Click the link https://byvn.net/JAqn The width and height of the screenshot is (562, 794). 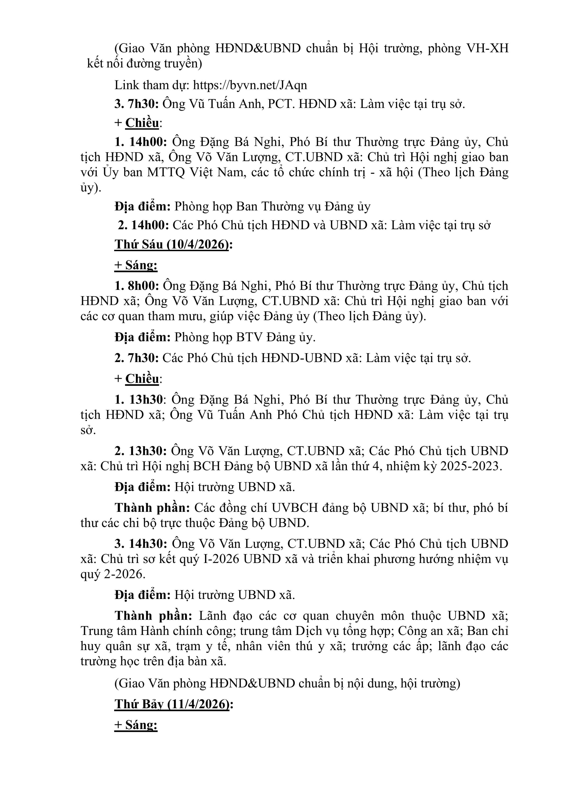pyautogui.click(x=250, y=85)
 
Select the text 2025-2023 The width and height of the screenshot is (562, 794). pyautogui.click(x=470, y=466)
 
